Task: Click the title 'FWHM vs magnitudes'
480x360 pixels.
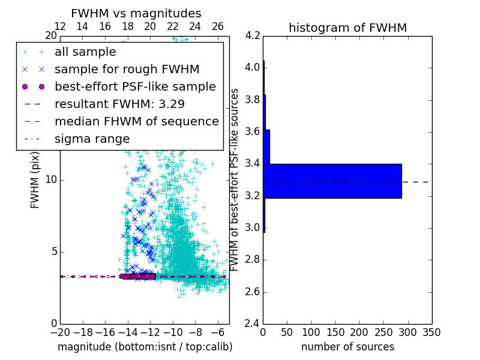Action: [136, 13]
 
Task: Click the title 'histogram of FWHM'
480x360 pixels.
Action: [347, 28]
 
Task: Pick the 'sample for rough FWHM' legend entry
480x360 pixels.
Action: [127, 69]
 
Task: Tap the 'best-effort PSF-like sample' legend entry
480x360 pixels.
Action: [135, 86]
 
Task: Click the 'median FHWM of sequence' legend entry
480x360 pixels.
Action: [136, 121]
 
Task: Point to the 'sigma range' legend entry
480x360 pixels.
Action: [92, 139]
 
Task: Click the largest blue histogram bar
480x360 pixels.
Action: [332, 181]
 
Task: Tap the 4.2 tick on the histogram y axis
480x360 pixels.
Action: [253, 35]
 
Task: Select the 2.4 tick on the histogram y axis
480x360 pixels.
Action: [253, 324]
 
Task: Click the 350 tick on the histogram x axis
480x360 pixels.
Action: [431, 332]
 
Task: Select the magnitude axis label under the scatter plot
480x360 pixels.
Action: [145, 347]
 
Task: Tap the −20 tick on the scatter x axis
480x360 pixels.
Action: [60, 332]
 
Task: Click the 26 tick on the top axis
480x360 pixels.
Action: [218, 26]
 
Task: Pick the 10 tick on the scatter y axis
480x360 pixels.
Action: [51, 180]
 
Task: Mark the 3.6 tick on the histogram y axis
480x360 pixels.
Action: [253, 131]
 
